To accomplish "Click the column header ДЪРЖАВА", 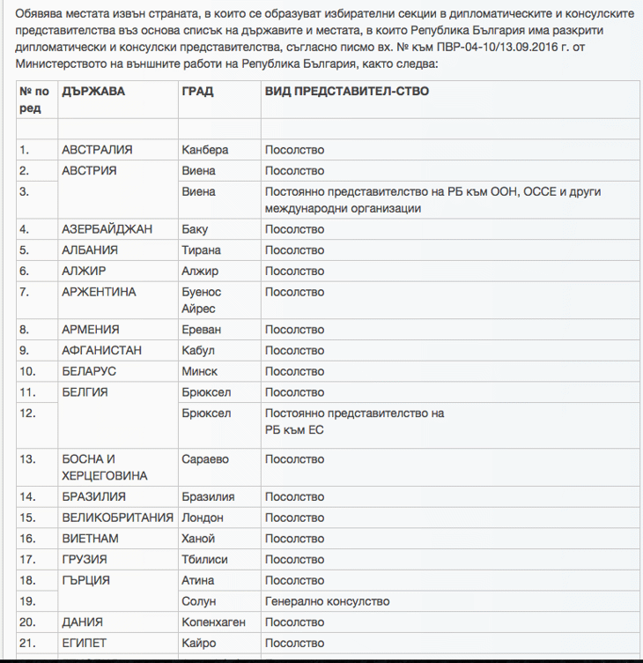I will tap(93, 91).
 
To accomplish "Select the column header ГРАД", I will tap(197, 91).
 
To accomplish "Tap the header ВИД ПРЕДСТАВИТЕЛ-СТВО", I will tap(347, 91).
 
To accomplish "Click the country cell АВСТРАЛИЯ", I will tap(97, 150).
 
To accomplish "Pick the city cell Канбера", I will tap(204, 150).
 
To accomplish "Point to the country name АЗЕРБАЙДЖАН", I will tap(107, 229).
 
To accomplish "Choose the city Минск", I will tap(199, 371).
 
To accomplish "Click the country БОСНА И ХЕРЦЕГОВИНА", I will tap(104, 467).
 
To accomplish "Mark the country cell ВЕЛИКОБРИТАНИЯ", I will tap(117, 518).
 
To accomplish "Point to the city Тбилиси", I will tap(204, 559).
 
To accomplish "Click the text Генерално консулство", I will tap(327, 601).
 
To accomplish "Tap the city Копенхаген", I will tap(212, 622).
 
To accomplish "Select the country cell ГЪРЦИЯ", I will tap(85, 580).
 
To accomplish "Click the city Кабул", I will tap(197, 350).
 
